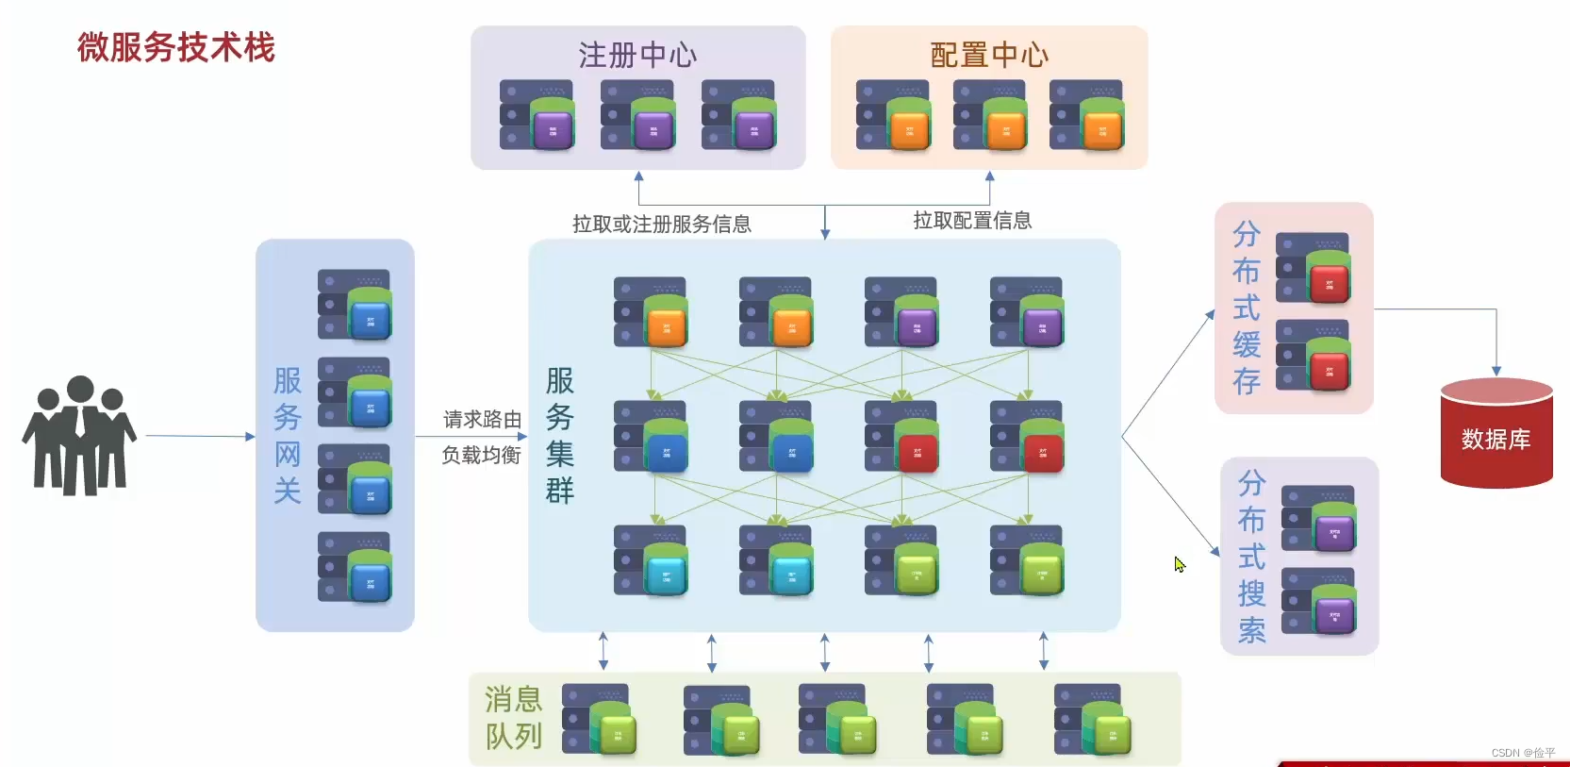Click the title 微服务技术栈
(176, 47)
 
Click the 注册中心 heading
(637, 55)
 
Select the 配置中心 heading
(988, 55)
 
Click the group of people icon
(79, 436)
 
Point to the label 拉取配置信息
(972, 221)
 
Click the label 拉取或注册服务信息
(661, 225)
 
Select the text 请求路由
(482, 420)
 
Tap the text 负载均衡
(482, 456)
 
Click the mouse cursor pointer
(1179, 563)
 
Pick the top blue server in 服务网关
(355, 305)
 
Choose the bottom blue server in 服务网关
(355, 567)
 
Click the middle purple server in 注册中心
(637, 115)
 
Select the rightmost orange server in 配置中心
(1086, 115)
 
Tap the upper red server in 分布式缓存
(1313, 268)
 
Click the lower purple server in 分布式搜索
(1318, 602)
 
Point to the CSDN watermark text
(1523, 753)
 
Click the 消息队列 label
(514, 718)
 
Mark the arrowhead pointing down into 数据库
(1496, 372)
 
